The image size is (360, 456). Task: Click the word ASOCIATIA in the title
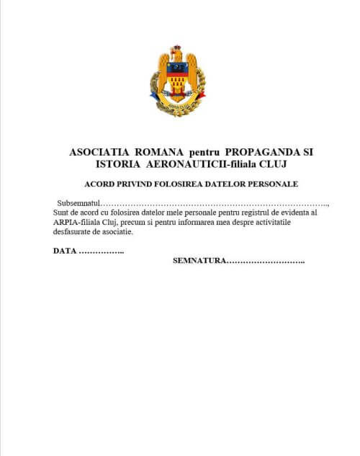(x=99, y=153)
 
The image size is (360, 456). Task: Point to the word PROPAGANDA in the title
(x=262, y=153)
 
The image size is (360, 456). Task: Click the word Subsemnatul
(x=78, y=205)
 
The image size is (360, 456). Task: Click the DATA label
(x=64, y=251)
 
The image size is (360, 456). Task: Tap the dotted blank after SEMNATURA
(x=266, y=261)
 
